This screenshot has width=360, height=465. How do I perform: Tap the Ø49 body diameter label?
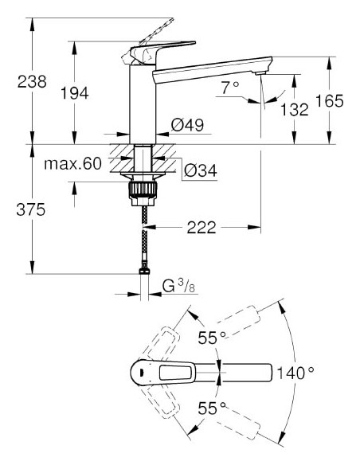coord(188,125)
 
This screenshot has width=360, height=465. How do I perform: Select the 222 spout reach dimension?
coord(202,229)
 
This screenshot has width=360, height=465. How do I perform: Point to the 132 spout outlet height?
coord(295,109)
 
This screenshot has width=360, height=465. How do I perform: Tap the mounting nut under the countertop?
coord(141,189)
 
